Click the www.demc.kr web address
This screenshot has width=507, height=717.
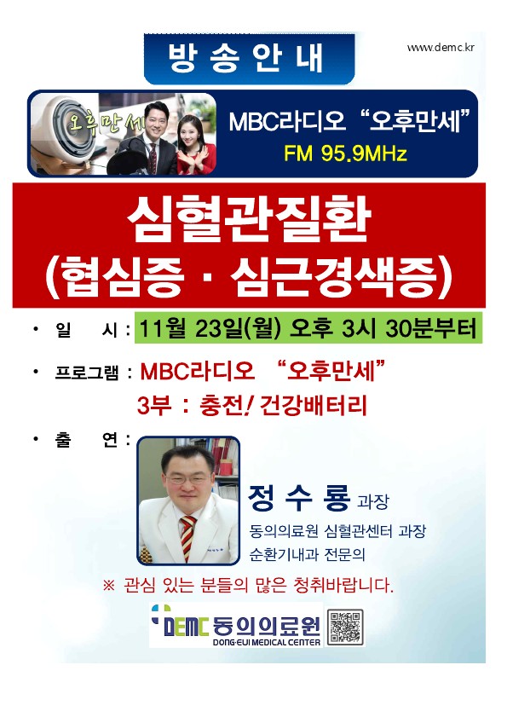click(x=441, y=47)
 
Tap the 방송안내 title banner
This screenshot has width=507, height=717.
click(x=249, y=59)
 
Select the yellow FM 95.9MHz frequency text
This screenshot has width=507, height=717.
click(x=345, y=153)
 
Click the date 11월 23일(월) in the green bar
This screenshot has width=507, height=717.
click(x=210, y=329)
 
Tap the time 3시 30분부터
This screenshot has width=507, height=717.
click(x=409, y=328)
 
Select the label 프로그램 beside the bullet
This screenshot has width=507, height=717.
click(x=86, y=373)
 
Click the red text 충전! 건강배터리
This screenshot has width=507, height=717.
click(x=284, y=406)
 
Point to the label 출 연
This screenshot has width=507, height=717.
click(x=86, y=440)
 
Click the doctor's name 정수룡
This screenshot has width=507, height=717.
click(x=299, y=498)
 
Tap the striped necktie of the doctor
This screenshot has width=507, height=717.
click(x=187, y=538)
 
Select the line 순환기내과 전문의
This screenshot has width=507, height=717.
click(x=307, y=555)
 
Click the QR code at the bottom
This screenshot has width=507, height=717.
click(x=346, y=627)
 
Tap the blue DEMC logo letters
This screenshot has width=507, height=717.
click(x=186, y=627)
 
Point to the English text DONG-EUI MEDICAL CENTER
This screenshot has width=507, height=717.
click(x=267, y=642)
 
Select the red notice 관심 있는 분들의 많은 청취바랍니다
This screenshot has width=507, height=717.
click(x=249, y=586)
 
